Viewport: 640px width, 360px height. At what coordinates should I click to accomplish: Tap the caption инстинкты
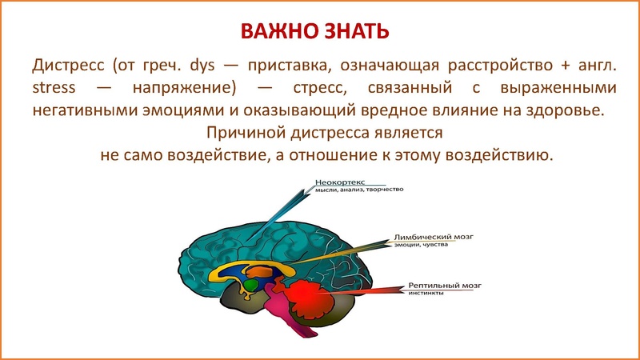point(425,294)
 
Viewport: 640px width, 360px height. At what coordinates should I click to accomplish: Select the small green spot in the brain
point(250,284)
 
